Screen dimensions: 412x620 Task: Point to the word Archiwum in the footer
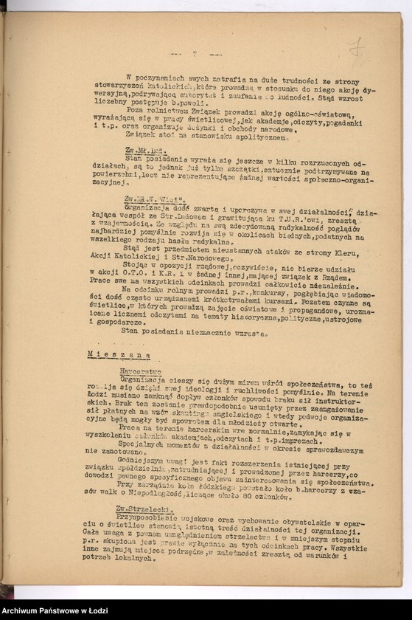pos(27,610)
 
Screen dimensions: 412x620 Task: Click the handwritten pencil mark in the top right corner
pos(357,49)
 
